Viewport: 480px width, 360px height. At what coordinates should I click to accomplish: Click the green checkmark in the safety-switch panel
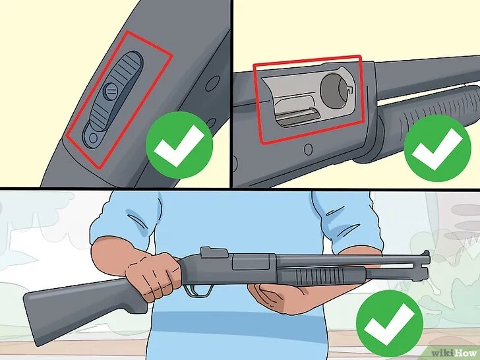(x=179, y=145)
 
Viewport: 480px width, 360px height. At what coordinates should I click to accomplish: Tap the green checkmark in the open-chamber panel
(x=437, y=148)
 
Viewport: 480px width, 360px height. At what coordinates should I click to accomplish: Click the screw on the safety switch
(x=111, y=91)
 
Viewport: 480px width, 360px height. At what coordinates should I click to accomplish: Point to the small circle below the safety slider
(x=94, y=137)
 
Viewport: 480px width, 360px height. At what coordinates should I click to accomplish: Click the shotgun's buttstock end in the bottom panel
(x=34, y=318)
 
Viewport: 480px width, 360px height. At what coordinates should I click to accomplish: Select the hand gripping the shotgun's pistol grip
(x=152, y=275)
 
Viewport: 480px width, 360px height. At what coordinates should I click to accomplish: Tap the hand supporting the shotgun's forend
(x=294, y=298)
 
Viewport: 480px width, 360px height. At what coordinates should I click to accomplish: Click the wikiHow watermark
(x=455, y=353)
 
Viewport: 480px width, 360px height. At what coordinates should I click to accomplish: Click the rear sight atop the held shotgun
(x=214, y=252)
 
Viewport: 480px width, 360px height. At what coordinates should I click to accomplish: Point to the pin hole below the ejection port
(x=309, y=150)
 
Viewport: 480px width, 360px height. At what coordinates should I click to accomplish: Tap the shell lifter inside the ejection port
(x=297, y=117)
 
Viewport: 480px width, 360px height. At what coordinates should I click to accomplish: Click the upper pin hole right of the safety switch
(x=212, y=83)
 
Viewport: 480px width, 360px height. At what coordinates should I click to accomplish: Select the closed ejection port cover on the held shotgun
(x=251, y=262)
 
